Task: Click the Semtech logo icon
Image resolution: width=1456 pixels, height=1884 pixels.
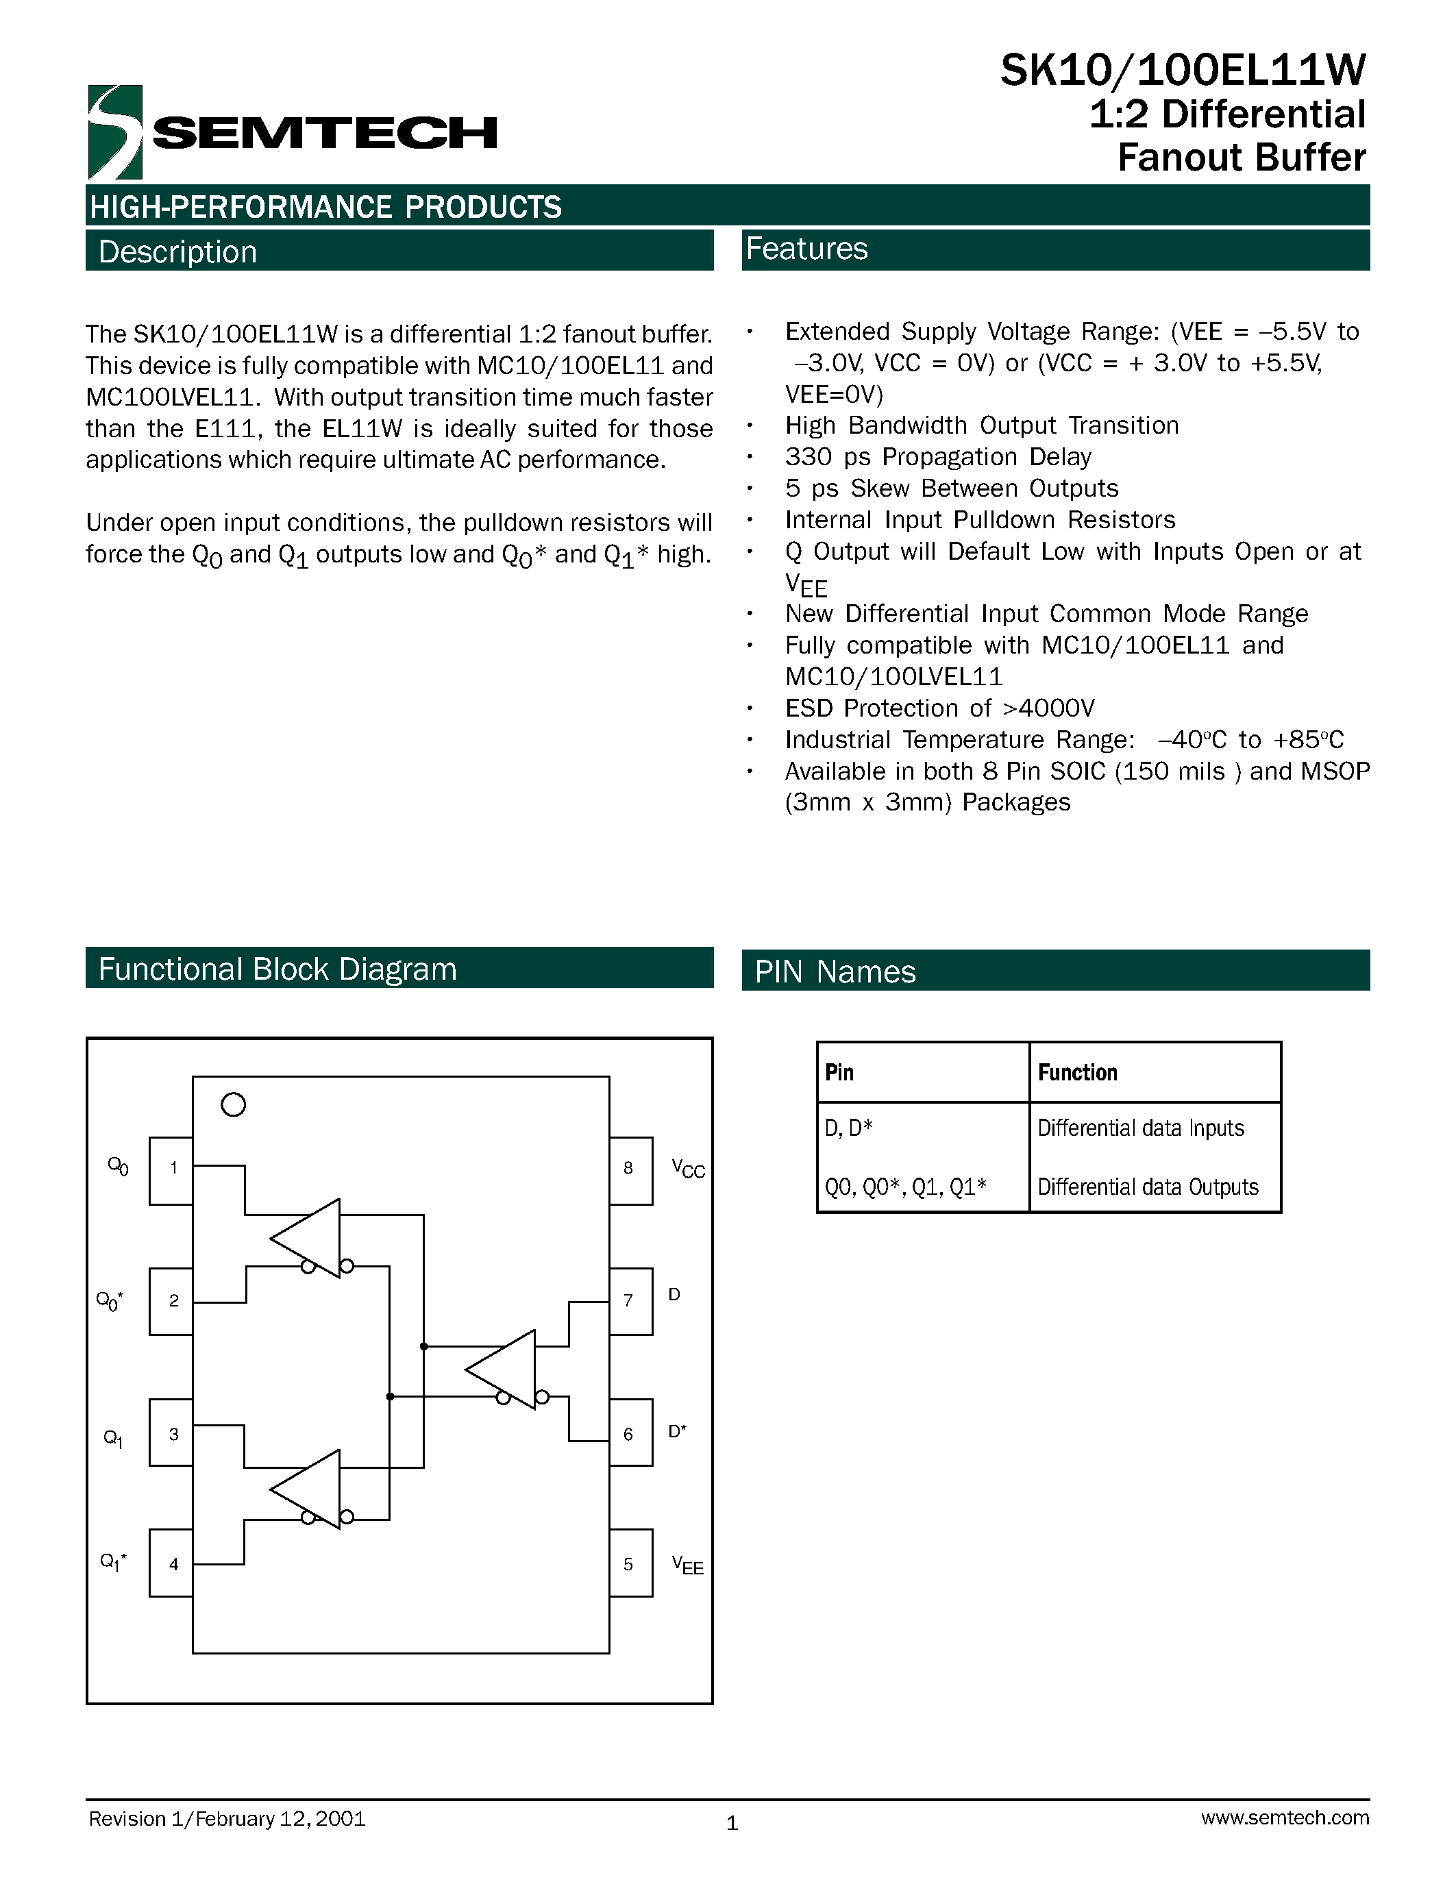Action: coord(114,131)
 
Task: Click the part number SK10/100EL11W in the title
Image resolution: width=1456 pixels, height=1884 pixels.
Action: coord(1183,71)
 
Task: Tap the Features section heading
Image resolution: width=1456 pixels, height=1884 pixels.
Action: coord(806,249)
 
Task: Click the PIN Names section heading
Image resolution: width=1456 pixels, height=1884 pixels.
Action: coord(835,971)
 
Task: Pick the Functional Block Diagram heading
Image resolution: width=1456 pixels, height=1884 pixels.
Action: coord(277,969)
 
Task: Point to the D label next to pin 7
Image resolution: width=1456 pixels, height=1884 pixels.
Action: coord(674,1295)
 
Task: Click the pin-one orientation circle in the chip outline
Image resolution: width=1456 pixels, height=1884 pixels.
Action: coord(233,1104)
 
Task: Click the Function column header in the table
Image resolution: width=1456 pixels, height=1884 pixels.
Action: coord(1077,1072)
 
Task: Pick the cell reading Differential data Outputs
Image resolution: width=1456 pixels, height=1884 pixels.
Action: coord(1147,1187)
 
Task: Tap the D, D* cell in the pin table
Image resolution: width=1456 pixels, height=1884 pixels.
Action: coord(849,1128)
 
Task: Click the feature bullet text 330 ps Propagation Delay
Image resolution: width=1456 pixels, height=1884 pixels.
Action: coord(937,456)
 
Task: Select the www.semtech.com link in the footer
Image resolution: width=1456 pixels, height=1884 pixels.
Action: coord(1284,1818)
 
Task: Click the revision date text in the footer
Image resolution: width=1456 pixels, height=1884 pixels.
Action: coord(227,1818)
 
